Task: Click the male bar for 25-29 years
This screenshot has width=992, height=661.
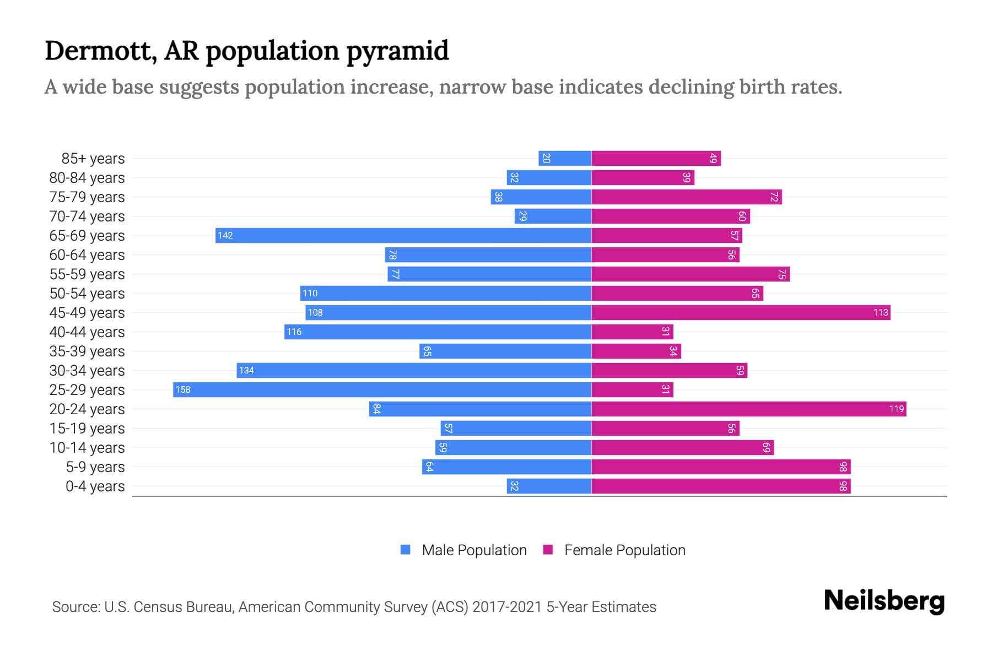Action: tap(382, 389)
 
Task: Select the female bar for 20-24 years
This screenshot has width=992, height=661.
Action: tap(748, 409)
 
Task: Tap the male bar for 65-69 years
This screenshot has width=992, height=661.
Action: tap(403, 235)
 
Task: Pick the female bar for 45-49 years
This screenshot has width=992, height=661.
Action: tap(741, 312)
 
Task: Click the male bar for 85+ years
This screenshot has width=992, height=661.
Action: tap(565, 158)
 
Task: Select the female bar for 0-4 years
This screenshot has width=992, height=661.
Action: tap(721, 486)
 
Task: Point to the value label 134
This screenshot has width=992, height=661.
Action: tap(246, 370)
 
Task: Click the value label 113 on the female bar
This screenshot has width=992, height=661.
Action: tap(880, 312)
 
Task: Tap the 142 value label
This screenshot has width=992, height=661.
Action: tap(225, 235)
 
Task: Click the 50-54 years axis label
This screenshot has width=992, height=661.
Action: tap(87, 293)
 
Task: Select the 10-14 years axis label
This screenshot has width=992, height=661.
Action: tap(87, 447)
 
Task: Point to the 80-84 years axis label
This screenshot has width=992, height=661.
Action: tap(87, 177)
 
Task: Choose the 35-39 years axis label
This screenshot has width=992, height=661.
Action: tap(87, 351)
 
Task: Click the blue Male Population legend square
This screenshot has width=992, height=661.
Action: tap(406, 550)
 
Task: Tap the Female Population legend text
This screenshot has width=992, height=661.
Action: tap(624, 550)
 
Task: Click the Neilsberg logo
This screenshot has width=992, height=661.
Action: tap(884, 601)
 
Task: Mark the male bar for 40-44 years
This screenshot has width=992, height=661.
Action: tap(438, 332)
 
